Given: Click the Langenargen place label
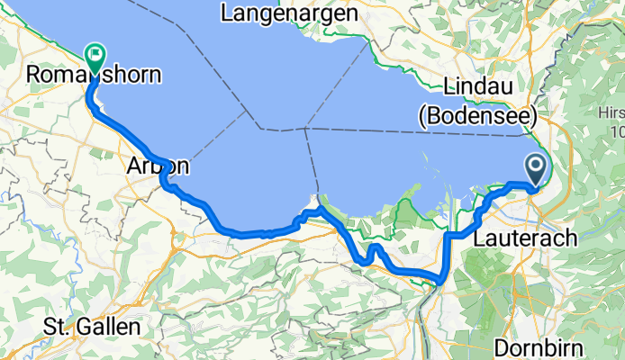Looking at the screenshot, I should click(288, 13).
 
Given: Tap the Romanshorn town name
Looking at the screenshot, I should click(95, 76).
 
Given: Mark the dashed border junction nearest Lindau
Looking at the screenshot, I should click(305, 128).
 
